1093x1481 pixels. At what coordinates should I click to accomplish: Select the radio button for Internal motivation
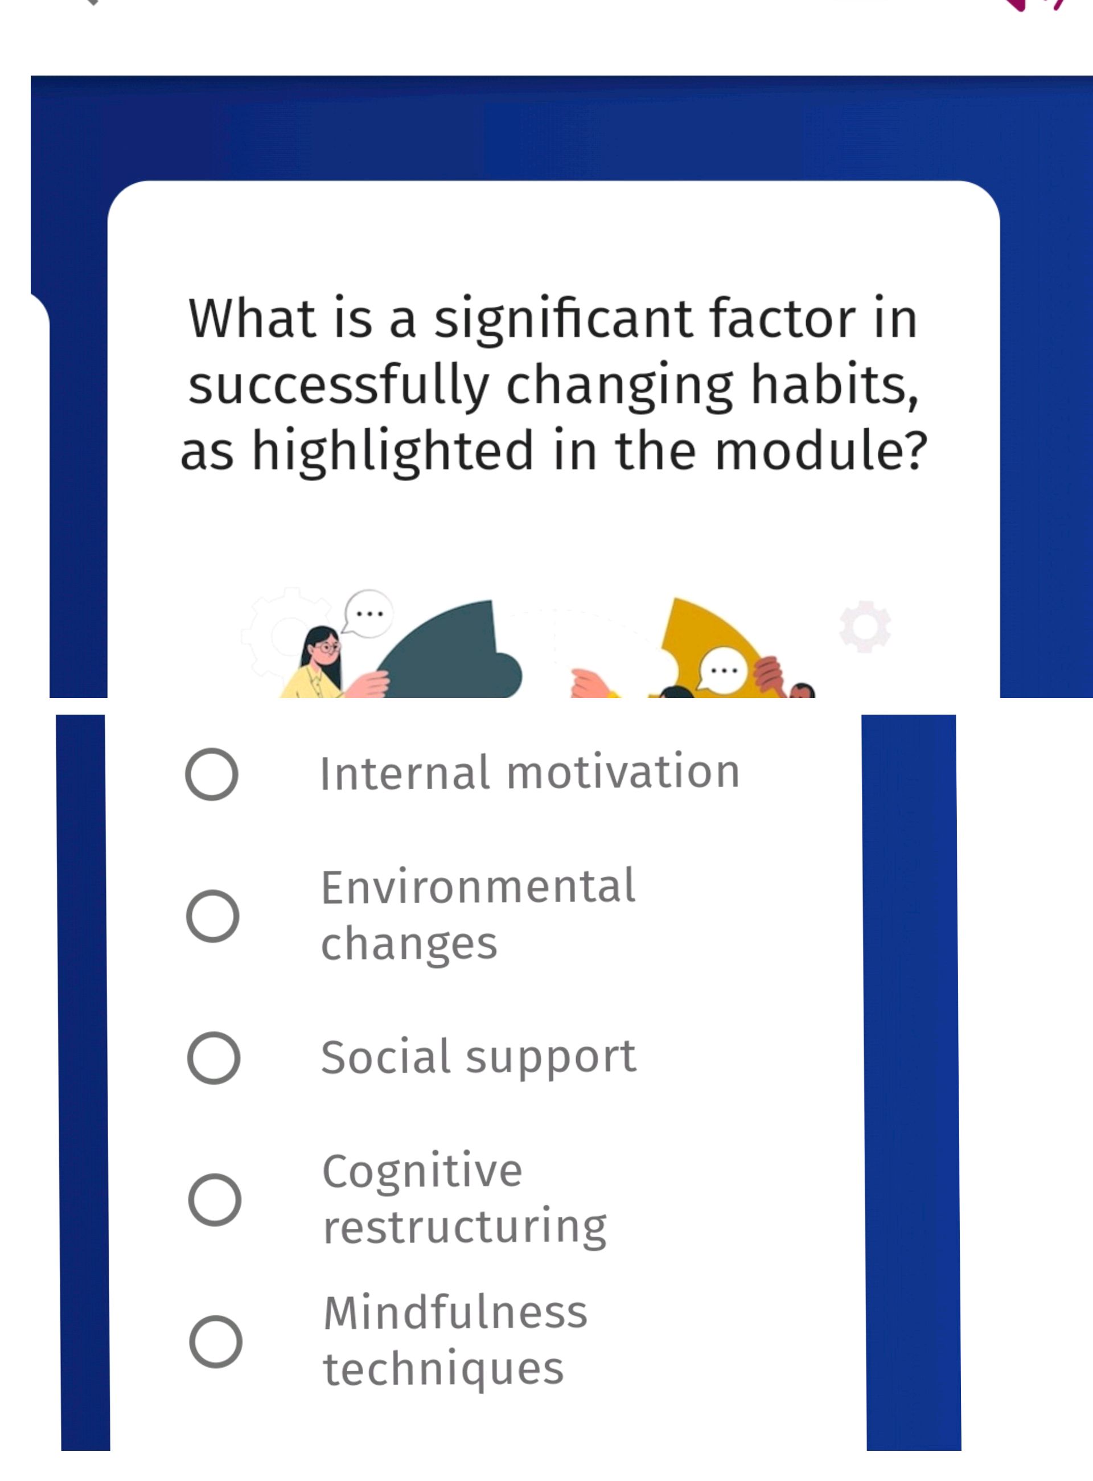[x=212, y=774]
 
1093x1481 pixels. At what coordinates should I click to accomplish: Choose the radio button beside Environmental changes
[x=212, y=916]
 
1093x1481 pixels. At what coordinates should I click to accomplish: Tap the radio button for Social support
[x=213, y=1057]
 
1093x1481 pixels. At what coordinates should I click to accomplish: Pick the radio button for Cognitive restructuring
[x=215, y=1200]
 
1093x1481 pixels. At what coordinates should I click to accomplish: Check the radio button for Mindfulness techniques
[x=216, y=1341]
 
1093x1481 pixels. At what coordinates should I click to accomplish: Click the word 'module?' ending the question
[x=821, y=452]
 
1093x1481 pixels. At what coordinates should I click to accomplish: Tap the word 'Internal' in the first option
[x=405, y=773]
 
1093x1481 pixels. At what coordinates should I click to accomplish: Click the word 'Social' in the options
[x=386, y=1056]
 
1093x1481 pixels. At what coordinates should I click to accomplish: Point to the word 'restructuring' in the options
[x=465, y=1228]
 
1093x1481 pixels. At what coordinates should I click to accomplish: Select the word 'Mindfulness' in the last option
[x=455, y=1312]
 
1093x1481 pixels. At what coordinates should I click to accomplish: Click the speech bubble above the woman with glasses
[x=368, y=613]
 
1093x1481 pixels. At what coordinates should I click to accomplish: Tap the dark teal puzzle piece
[x=457, y=655]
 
